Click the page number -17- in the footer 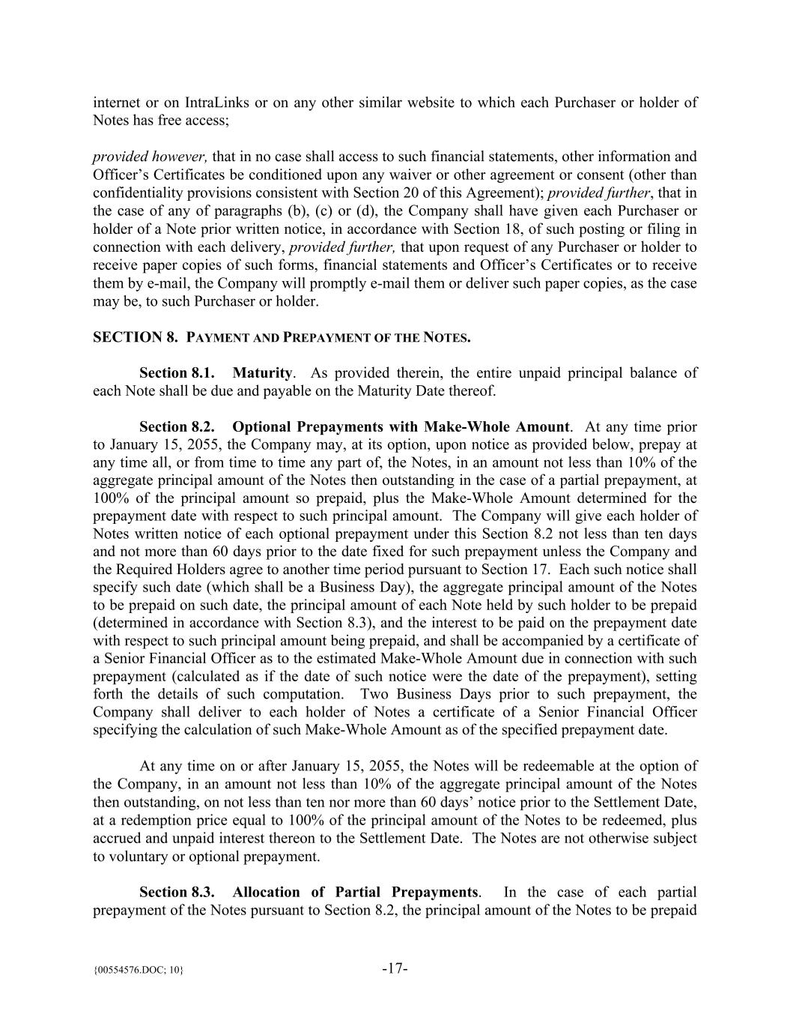click(x=395, y=968)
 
